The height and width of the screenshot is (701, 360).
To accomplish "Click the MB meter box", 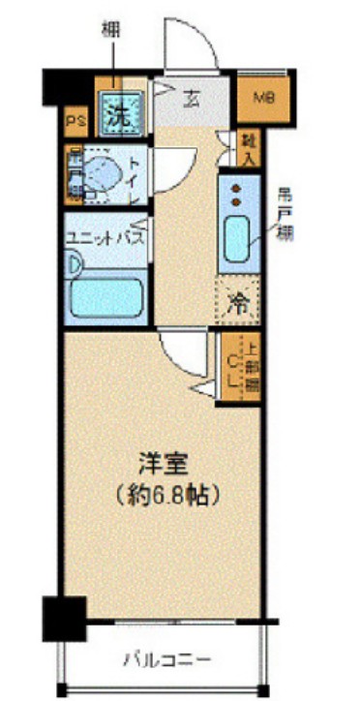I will [262, 98].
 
